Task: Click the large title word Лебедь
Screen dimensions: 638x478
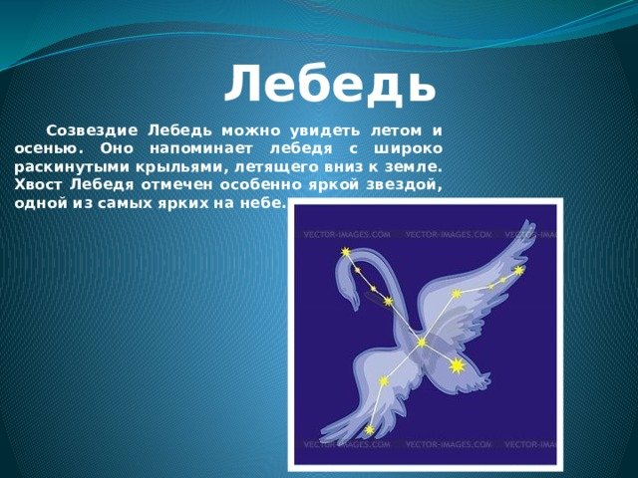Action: (330, 84)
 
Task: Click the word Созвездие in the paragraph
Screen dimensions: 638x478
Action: (92, 130)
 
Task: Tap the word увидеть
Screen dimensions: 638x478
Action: (325, 131)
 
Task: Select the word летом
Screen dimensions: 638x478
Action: (396, 131)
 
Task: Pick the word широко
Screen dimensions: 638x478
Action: (408, 149)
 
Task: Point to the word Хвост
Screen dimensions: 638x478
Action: (38, 185)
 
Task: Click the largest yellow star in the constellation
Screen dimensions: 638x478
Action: (457, 365)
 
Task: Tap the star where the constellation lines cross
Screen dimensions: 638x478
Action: (422, 343)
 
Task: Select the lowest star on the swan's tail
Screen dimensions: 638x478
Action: (370, 429)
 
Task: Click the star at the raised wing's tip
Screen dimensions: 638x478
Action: (518, 270)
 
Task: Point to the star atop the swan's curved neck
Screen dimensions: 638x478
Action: (346, 252)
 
